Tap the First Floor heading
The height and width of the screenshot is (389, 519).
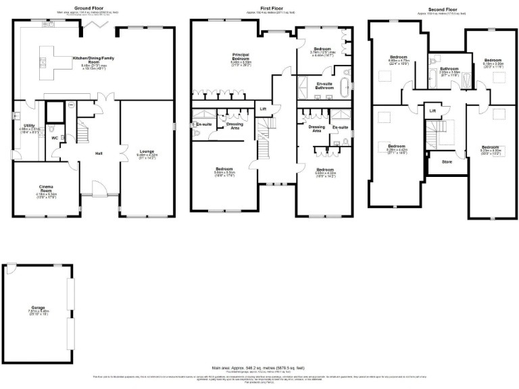click(268, 7)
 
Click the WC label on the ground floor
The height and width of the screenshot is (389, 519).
click(55, 138)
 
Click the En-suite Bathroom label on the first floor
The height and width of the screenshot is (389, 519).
click(328, 86)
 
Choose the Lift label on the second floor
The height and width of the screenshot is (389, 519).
click(432, 110)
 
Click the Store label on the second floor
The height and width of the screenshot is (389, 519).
click(447, 162)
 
